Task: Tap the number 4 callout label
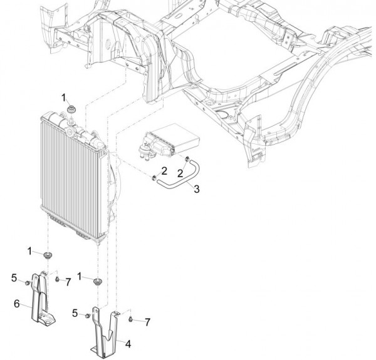[127, 343]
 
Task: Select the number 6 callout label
[17, 304]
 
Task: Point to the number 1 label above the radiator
[64, 96]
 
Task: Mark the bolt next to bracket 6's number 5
[28, 284]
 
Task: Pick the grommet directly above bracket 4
[98, 280]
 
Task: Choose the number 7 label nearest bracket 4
[147, 322]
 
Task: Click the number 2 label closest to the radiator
[164, 170]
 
